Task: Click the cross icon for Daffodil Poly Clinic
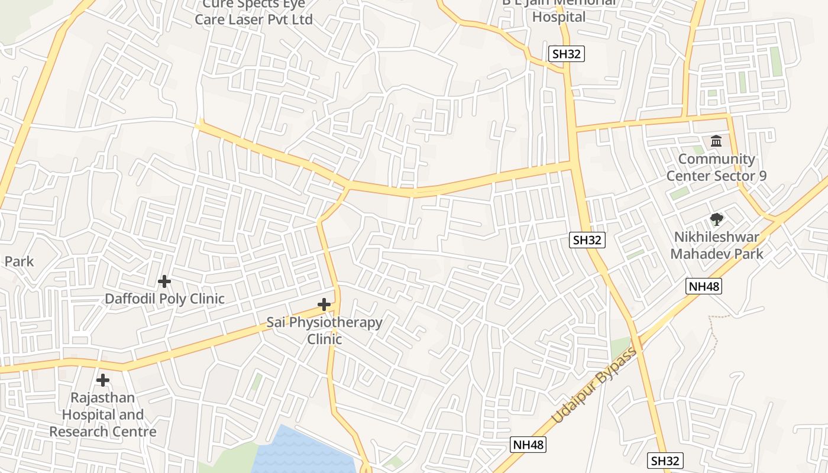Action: tap(164, 281)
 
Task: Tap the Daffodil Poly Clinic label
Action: tap(164, 299)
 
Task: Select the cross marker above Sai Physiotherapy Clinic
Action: tap(324, 305)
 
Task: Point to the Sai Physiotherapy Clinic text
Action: tap(324, 331)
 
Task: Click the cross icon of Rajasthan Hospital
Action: tap(103, 380)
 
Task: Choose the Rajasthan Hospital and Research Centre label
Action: tap(103, 414)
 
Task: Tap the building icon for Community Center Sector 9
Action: tap(716, 141)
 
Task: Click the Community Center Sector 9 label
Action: tap(716, 167)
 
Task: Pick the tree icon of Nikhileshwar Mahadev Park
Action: tap(717, 220)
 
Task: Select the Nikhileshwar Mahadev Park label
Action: tap(717, 245)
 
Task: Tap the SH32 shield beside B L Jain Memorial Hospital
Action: tap(567, 54)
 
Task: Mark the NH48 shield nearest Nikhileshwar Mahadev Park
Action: tap(704, 287)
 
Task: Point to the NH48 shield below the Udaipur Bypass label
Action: tap(528, 445)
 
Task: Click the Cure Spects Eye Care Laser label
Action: tap(254, 12)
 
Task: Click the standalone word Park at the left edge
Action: tap(19, 261)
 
